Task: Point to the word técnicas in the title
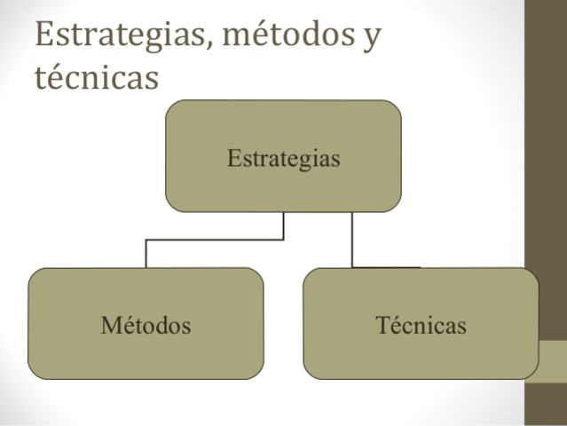[x=97, y=77]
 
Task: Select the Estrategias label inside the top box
[x=284, y=159]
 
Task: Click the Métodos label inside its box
[x=146, y=325]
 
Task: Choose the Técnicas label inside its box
[x=421, y=325]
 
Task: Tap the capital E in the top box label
[x=233, y=159]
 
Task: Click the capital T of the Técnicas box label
[x=382, y=325]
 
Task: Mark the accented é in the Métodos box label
[x=123, y=325]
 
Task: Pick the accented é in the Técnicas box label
[x=393, y=325]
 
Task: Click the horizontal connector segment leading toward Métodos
[x=215, y=240]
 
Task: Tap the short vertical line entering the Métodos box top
[x=146, y=254]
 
